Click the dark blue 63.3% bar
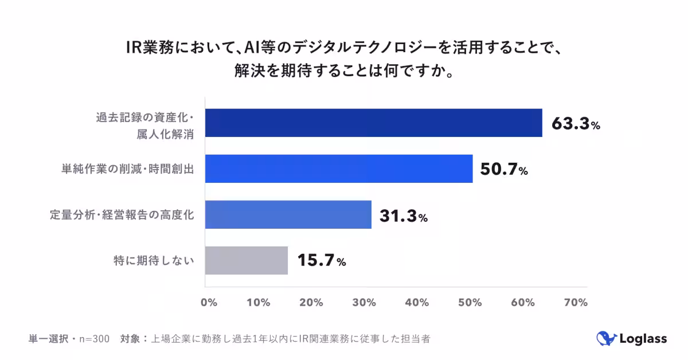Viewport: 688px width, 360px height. [x=373, y=123]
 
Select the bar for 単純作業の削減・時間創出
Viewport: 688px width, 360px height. [x=339, y=169]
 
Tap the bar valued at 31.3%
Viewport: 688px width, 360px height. [x=288, y=214]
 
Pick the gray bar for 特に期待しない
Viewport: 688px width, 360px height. [x=247, y=260]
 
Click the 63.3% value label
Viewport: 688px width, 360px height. [x=575, y=124]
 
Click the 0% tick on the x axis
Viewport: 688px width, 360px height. [x=209, y=303]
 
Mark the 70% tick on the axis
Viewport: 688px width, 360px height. [x=576, y=303]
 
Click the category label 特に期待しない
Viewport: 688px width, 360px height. [x=153, y=261]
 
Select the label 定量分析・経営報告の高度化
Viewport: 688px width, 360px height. [x=121, y=215]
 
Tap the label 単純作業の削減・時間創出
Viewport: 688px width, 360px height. [x=127, y=169]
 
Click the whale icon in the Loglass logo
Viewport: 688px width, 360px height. [x=605, y=338]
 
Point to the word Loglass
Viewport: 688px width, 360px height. [x=643, y=339]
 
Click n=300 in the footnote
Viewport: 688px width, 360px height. [x=94, y=339]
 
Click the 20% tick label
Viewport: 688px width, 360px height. [x=312, y=303]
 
